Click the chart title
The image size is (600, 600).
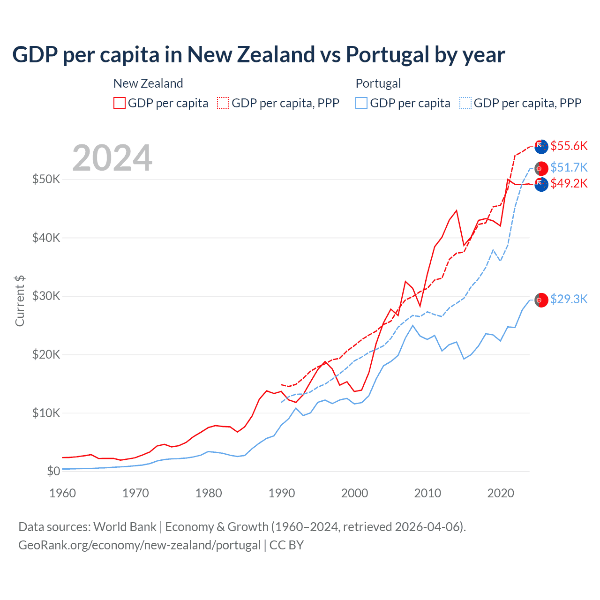click(258, 54)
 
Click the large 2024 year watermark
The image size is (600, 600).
click(112, 158)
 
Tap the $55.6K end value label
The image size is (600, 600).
click(569, 146)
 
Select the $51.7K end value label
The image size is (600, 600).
click(569, 167)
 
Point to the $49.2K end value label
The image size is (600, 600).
click(569, 183)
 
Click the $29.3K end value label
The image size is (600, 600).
click(569, 299)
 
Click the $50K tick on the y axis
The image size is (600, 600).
click(46, 179)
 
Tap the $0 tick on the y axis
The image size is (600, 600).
click(53, 471)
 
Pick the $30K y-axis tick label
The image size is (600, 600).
click(46, 296)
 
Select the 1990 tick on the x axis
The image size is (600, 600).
click(282, 493)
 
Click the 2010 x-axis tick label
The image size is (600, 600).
click(427, 493)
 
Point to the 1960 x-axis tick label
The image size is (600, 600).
click(62, 493)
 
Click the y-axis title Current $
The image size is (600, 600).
click(20, 301)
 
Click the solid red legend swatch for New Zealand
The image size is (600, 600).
click(120, 103)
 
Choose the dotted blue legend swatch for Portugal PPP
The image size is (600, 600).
click(465, 103)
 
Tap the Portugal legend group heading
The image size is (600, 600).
click(378, 83)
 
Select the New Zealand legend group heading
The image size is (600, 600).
click(148, 83)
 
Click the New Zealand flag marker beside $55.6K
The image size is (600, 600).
click(541, 146)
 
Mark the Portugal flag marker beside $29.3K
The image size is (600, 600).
click(541, 300)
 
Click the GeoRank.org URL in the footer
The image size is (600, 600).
click(139, 545)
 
